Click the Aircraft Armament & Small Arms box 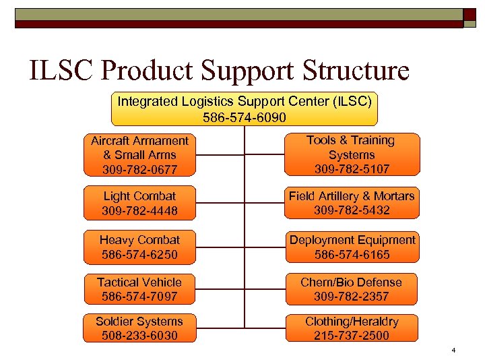(x=140, y=154)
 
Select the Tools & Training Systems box (x=351, y=154)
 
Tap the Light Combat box (x=140, y=203)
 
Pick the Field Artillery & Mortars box (x=351, y=203)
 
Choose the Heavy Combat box (x=140, y=247)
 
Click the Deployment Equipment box (x=352, y=247)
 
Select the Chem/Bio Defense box (x=351, y=289)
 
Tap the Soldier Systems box (x=140, y=328)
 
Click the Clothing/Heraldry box (x=351, y=328)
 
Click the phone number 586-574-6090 (x=244, y=117)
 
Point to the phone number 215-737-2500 (x=351, y=335)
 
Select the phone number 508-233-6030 (x=140, y=335)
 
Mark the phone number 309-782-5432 (x=351, y=210)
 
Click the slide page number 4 (x=454, y=350)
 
